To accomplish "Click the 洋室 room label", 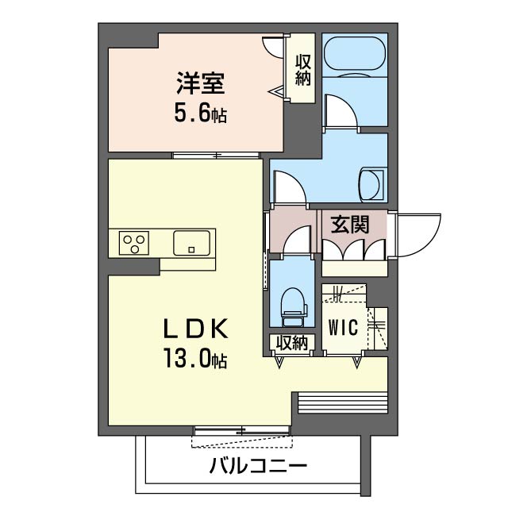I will click(199, 83).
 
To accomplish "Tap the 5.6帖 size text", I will click(200, 114).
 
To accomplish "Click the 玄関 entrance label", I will click(349, 225).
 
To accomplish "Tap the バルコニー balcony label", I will click(258, 466).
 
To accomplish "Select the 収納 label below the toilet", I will click(291, 343).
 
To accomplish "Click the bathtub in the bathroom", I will click(355, 56).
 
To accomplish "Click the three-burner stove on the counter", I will click(134, 242).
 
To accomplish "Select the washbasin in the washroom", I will click(371, 184).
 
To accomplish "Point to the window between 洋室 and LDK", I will click(217, 155).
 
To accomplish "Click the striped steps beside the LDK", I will click(341, 402).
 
